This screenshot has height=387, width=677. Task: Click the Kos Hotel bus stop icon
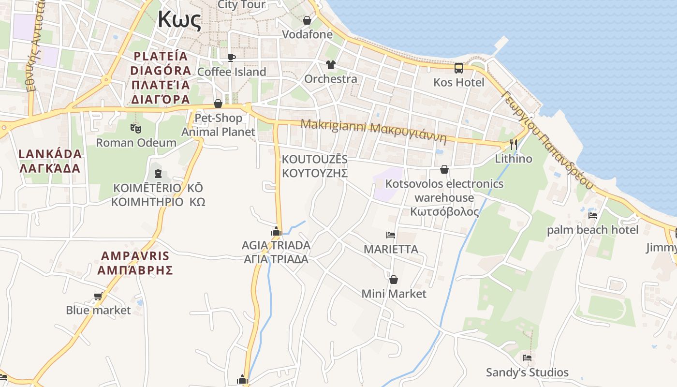coord(459,68)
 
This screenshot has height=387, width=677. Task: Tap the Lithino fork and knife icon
coord(514,144)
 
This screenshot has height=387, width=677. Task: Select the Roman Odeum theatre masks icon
coord(136,128)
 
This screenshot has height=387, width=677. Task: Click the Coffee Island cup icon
coord(232,58)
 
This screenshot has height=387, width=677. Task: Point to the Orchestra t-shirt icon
coord(331,64)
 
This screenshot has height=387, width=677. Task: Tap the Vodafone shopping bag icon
coord(307,20)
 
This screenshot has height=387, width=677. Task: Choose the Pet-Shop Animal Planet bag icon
coord(218,104)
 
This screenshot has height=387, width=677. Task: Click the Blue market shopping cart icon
coord(98,296)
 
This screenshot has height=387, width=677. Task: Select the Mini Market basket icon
coord(394,280)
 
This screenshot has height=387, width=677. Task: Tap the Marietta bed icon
coord(391,235)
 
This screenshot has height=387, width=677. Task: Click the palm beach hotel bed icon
coord(593,215)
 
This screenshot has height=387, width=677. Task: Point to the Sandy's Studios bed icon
coord(527,358)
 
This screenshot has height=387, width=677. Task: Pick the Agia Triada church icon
coord(276,231)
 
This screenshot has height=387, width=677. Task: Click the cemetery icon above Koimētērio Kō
coord(158,173)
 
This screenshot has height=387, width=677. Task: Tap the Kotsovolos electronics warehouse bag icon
coord(444,169)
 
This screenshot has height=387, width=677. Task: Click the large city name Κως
coord(179,20)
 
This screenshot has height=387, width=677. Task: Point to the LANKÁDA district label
coord(50,154)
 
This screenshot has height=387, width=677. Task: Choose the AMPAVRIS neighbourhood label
coord(135,256)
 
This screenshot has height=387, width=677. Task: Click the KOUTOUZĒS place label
coord(314,159)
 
